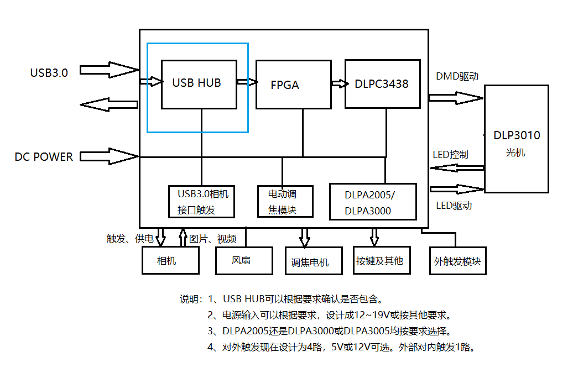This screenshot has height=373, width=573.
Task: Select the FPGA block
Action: click(x=293, y=85)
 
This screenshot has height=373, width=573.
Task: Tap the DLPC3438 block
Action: click(x=382, y=84)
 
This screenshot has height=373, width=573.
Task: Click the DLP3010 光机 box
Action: click(x=516, y=139)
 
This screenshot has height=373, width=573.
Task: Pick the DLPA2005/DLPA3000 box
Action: click(x=372, y=202)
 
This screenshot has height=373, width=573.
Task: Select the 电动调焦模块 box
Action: click(x=285, y=202)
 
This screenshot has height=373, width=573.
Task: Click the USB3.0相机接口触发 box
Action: click(x=202, y=202)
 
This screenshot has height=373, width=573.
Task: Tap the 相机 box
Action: click(x=170, y=260)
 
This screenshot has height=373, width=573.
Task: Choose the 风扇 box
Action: click(x=244, y=260)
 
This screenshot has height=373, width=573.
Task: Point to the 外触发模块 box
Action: click(x=458, y=261)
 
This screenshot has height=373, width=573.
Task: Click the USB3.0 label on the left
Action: click(x=49, y=72)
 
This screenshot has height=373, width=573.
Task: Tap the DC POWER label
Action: click(x=44, y=157)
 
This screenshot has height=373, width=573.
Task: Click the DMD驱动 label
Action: click(x=457, y=77)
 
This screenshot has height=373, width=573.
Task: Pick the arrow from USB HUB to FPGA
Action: click(x=247, y=82)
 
